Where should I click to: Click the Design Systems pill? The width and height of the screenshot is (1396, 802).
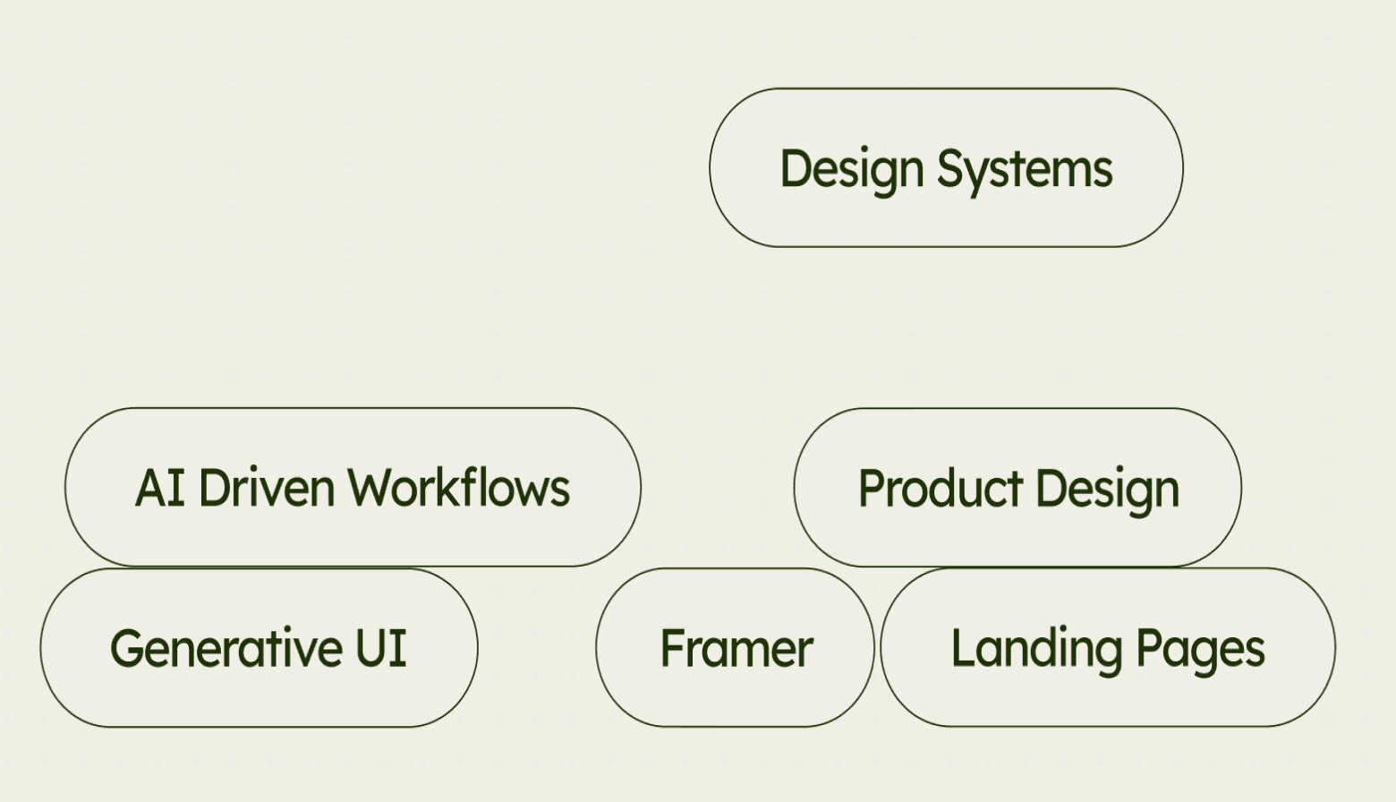coord(946,167)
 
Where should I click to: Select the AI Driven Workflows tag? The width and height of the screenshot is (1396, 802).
coord(353,487)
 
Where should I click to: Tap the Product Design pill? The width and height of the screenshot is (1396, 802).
coord(1017,487)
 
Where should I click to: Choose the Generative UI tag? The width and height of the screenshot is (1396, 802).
coord(259,647)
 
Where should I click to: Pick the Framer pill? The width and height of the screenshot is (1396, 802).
coord(735,647)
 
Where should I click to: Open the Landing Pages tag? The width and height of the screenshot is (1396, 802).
coord(1108,647)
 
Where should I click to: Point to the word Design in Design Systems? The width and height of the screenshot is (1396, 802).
coord(851,169)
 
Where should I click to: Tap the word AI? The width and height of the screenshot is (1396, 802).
coord(160,489)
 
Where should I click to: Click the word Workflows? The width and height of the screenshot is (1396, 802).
coord(459,489)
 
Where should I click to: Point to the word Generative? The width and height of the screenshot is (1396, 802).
coord(226,649)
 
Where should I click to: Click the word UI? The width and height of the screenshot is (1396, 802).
coord(381,649)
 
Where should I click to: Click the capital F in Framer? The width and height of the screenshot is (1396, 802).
coord(671,649)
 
